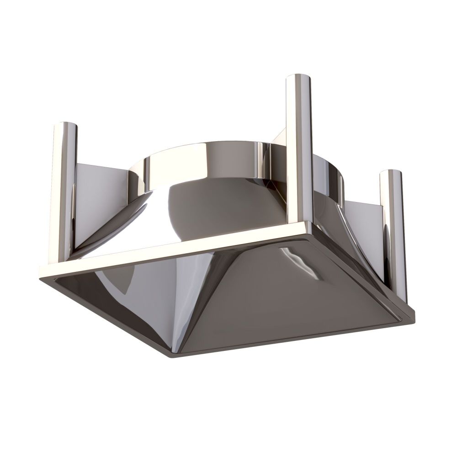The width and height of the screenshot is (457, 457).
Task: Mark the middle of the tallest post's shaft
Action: pos(299,151)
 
